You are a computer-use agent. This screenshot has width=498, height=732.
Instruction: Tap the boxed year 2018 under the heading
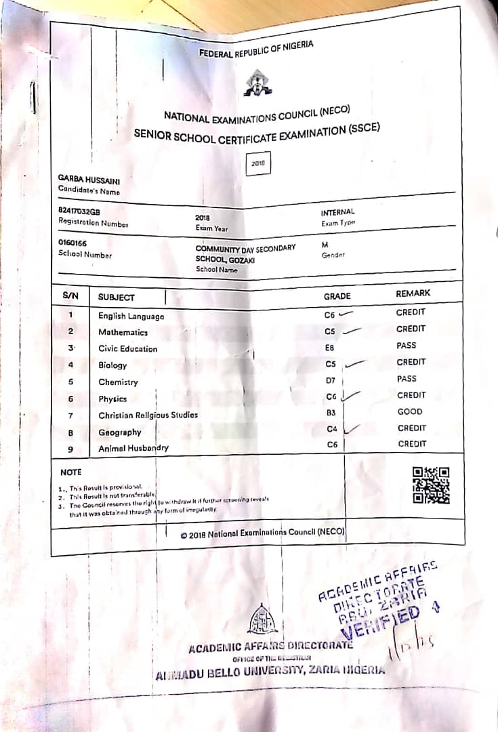click(x=258, y=163)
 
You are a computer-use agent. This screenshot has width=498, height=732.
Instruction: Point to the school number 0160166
click(x=72, y=243)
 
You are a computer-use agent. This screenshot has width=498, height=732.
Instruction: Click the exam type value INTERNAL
click(x=337, y=213)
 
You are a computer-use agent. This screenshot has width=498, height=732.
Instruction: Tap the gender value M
click(x=325, y=244)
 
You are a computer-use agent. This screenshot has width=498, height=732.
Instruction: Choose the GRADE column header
click(x=337, y=296)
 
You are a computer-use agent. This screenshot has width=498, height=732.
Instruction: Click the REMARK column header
click(x=413, y=294)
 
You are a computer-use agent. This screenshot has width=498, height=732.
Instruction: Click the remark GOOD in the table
click(x=410, y=411)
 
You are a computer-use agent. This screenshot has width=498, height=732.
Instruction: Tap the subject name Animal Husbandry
click(x=133, y=448)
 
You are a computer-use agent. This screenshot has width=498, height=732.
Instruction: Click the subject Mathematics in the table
click(x=123, y=332)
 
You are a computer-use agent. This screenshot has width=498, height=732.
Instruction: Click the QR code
click(x=431, y=485)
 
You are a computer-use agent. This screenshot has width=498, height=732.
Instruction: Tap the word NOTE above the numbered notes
click(x=70, y=472)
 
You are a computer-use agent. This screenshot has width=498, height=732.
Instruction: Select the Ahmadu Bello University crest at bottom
click(x=262, y=619)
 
